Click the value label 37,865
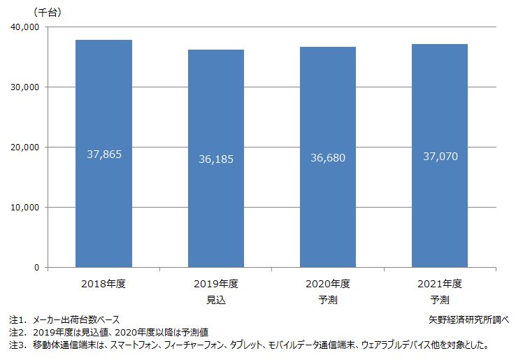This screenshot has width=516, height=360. point(104,154)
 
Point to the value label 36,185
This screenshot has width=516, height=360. point(216,159)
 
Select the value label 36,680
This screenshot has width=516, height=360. point(328,157)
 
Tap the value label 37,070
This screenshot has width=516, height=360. point(440,157)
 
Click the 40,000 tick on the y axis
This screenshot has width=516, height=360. point(25,27)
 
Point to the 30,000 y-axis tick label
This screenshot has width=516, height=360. point(25,87)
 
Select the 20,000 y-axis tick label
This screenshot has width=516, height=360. point(25,147)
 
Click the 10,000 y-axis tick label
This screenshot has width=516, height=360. point(25,208)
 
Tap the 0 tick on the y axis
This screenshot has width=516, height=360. point(36,268)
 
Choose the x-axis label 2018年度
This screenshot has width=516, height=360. point(103,284)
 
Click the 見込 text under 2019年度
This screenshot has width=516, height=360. point(216,300)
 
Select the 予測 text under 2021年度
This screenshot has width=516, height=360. point(440,300)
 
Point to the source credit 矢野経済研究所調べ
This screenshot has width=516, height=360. point(468,319)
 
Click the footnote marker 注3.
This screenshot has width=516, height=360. point(16,345)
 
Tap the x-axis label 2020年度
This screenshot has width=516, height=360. point(328,284)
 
